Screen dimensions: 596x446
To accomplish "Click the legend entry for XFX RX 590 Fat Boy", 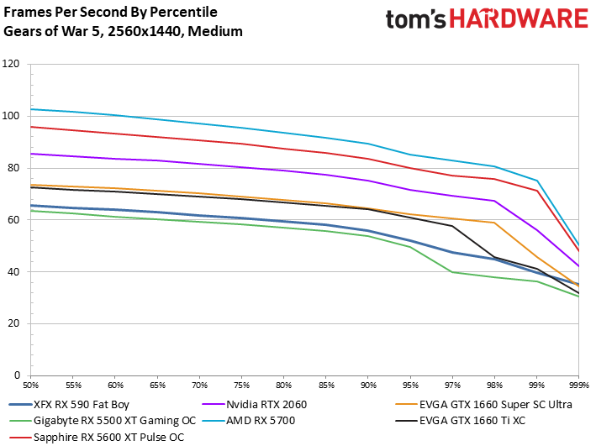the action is tap(69, 405).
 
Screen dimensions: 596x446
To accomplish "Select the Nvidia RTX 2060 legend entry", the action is tap(255, 405).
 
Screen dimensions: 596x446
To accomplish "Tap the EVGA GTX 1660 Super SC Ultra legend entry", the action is tap(483, 405).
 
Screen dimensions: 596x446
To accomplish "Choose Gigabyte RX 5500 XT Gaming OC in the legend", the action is tap(103, 421).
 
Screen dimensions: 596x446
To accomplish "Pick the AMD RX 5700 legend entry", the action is tap(249, 421).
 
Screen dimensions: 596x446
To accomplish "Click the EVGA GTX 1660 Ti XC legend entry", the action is tap(461, 421).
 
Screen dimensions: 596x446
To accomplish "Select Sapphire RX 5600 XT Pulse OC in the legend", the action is tap(97, 438).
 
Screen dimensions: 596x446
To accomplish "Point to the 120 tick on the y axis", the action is tap(11, 64).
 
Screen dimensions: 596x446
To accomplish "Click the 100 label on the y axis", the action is tap(11, 116).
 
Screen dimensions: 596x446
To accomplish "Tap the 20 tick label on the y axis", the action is tap(13, 323).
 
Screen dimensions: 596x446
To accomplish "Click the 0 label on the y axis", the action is tap(17, 375).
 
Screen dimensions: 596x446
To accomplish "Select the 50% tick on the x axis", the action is tap(31, 386).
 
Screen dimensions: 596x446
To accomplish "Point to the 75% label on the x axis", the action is tap(242, 386).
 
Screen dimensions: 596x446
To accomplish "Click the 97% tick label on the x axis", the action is tap(452, 386).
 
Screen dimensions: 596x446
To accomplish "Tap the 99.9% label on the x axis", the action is tap(579, 386).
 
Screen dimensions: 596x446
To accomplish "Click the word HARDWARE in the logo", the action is tap(520, 18).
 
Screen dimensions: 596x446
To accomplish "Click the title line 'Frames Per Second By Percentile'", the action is tap(111, 13).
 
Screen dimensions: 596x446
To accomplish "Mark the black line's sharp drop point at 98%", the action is tap(494, 257).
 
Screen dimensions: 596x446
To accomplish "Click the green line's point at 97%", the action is tap(452, 272).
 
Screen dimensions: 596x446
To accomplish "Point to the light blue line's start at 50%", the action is tap(31, 109).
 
